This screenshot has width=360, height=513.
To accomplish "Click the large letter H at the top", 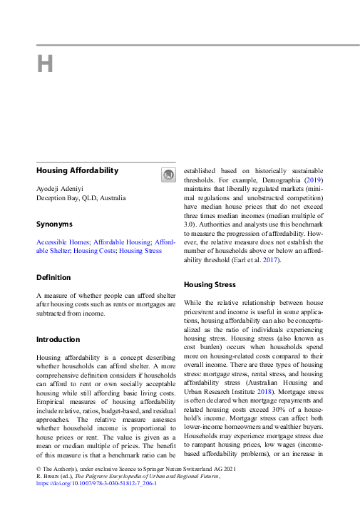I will pyautogui.click(x=45, y=64).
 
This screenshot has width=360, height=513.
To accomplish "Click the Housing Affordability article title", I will pyautogui.click(x=77, y=171).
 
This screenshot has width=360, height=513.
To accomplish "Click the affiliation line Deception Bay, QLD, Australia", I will pyautogui.click(x=81, y=198).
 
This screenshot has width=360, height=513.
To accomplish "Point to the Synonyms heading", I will pyautogui.click(x=56, y=224).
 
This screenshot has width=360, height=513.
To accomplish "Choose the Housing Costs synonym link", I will pyautogui.click(x=93, y=251).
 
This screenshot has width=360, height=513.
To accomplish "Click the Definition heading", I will pyautogui.click(x=53, y=277).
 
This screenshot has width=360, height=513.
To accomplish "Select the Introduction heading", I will pyautogui.click(x=58, y=339).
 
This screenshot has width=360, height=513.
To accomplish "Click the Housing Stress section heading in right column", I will pyautogui.click(x=208, y=284).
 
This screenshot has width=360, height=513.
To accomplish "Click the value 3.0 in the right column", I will pyautogui.click(x=190, y=224).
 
